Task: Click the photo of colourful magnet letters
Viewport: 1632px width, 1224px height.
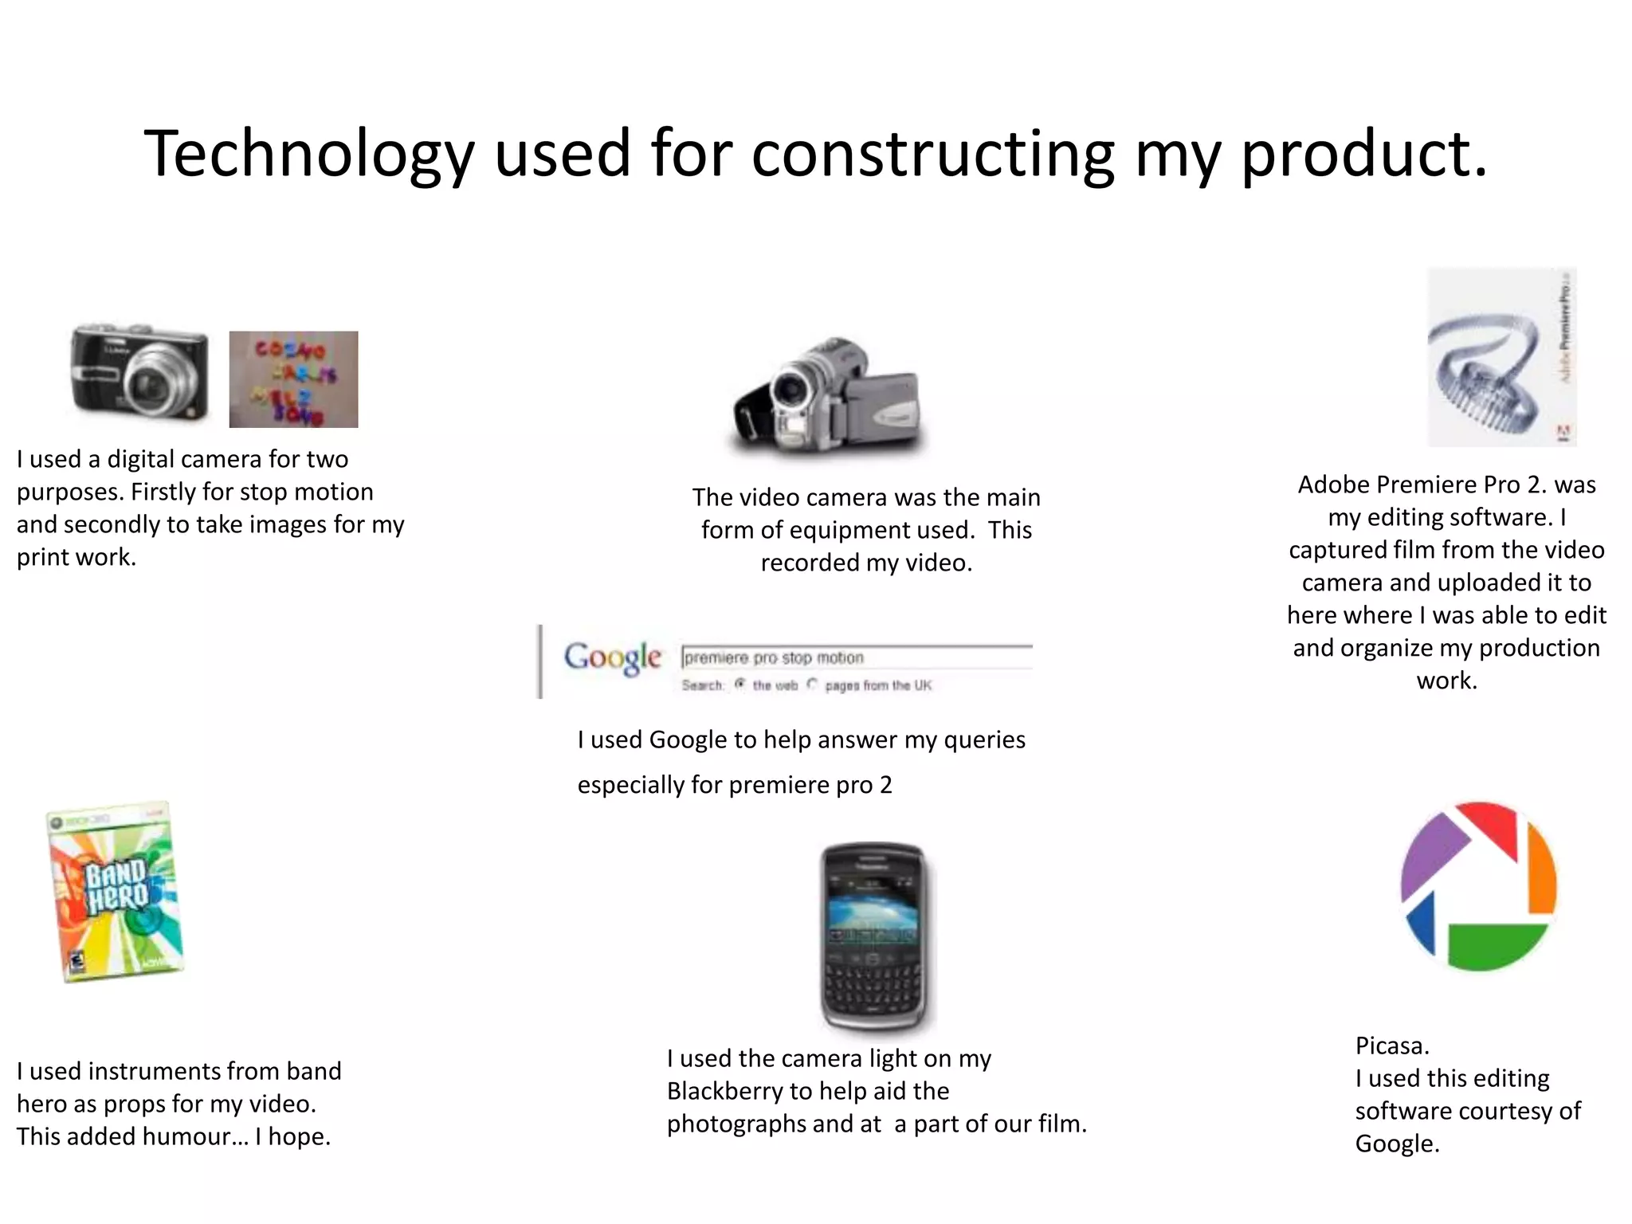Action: click(x=293, y=379)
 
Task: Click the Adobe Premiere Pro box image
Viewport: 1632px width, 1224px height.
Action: click(x=1501, y=357)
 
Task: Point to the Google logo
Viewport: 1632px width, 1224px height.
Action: click(x=612, y=658)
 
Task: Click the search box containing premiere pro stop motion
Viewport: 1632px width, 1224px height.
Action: click(x=857, y=657)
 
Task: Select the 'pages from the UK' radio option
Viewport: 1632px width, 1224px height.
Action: click(x=812, y=685)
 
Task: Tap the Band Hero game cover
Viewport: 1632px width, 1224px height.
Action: click(x=116, y=892)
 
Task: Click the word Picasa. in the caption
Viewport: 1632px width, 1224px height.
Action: click(x=1392, y=1045)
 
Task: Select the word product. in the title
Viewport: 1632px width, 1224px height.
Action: click(x=1363, y=153)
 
